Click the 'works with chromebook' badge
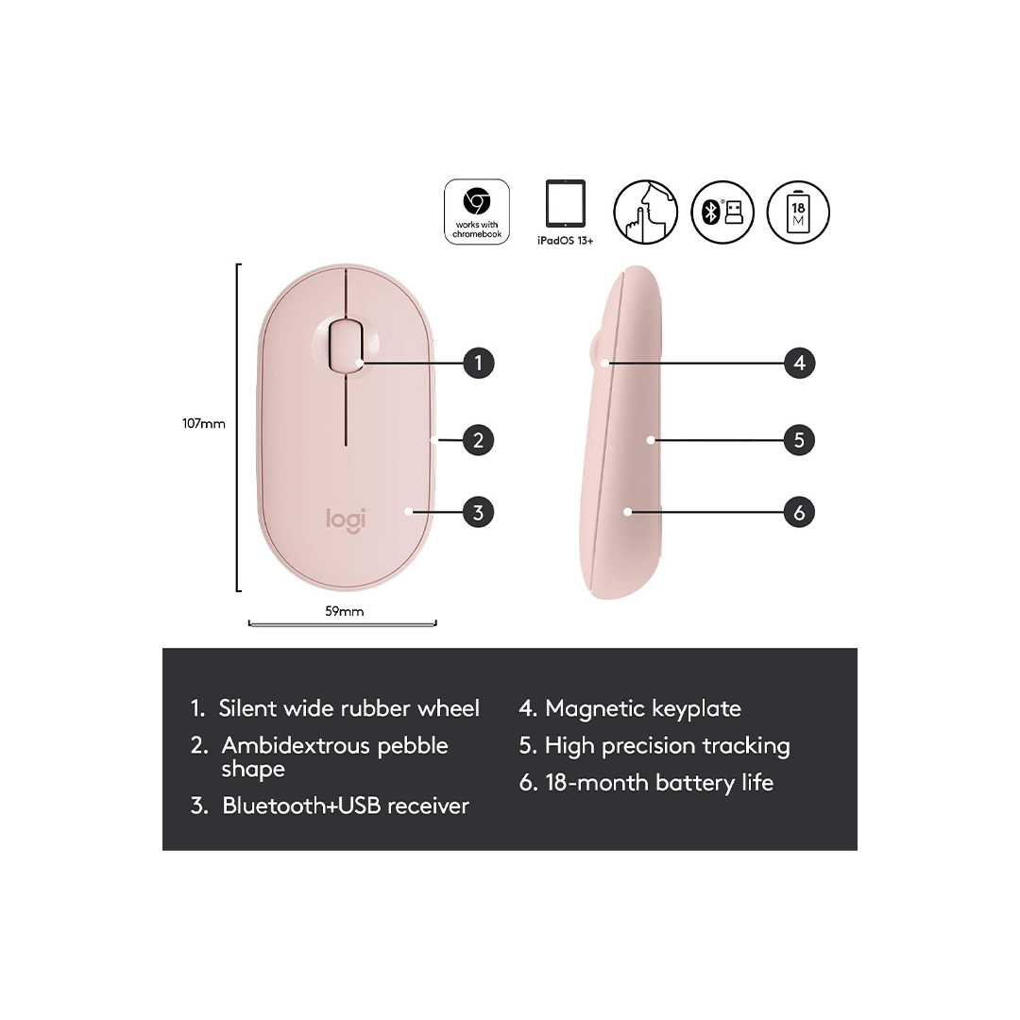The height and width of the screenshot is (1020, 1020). coord(477,212)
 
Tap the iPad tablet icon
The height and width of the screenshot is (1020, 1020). coord(565,205)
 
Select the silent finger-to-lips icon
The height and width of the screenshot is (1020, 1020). coord(646,212)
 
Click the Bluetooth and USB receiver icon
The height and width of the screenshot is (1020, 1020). coord(722,212)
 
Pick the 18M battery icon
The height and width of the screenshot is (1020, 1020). coord(798,212)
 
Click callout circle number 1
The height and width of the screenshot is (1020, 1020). coord(479,363)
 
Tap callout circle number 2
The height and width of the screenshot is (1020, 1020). coord(479,439)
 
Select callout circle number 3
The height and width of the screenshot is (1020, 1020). coord(479,513)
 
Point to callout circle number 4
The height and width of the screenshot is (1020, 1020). coord(799,363)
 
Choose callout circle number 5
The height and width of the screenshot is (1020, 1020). coord(799,439)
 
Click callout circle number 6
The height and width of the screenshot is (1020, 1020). coord(799,513)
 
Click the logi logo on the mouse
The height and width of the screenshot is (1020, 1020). coord(347,518)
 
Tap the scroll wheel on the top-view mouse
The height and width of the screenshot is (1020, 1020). coord(347,347)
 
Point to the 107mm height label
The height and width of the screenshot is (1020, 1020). coord(204,424)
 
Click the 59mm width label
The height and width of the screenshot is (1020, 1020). coord(345,611)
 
